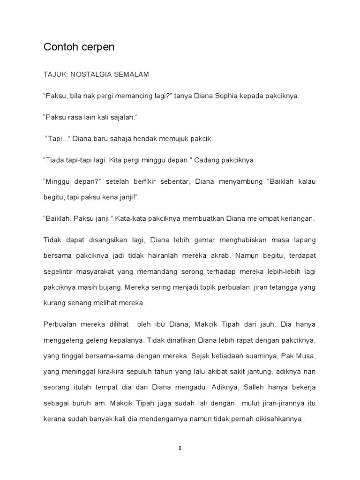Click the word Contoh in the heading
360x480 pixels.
58,47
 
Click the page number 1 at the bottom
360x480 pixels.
180,448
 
